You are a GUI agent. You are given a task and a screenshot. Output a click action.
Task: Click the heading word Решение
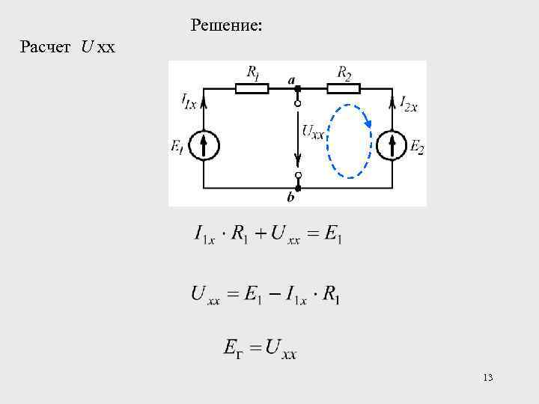click(226, 26)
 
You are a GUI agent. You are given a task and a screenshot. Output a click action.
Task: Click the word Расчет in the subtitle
click(46, 49)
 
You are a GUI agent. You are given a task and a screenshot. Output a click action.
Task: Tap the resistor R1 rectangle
click(252, 88)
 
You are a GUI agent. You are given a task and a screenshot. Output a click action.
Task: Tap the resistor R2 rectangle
click(344, 88)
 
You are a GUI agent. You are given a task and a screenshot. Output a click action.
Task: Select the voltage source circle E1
click(204, 144)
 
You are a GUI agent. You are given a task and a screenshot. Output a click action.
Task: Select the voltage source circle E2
click(392, 144)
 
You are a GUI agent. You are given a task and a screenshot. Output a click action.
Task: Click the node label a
click(292, 78)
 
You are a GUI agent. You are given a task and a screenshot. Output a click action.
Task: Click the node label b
click(291, 199)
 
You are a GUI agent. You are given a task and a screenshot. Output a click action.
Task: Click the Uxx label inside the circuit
click(313, 132)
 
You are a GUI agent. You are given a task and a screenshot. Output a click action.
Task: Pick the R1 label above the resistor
click(253, 73)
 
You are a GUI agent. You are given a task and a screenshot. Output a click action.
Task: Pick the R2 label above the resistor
click(344, 73)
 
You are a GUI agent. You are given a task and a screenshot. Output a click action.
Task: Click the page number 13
click(488, 378)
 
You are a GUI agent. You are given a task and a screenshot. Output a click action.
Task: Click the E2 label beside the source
click(417, 147)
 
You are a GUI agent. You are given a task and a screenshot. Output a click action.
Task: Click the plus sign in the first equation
click(261, 234)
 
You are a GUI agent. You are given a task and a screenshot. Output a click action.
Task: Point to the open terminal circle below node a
click(297, 104)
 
